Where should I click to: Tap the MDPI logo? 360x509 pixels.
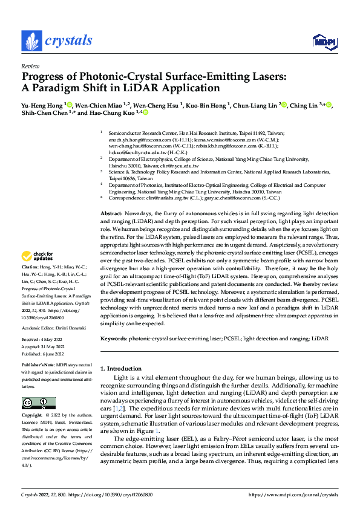point(323,41)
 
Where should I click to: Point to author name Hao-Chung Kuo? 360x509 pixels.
point(114,112)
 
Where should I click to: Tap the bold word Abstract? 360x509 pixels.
point(111,214)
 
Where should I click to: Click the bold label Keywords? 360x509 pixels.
point(114,339)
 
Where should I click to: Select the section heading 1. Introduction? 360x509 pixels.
point(120,369)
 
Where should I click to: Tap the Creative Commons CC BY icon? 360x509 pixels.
point(38,403)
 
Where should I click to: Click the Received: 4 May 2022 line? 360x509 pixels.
point(46,339)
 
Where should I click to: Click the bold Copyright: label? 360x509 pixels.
point(33,417)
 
